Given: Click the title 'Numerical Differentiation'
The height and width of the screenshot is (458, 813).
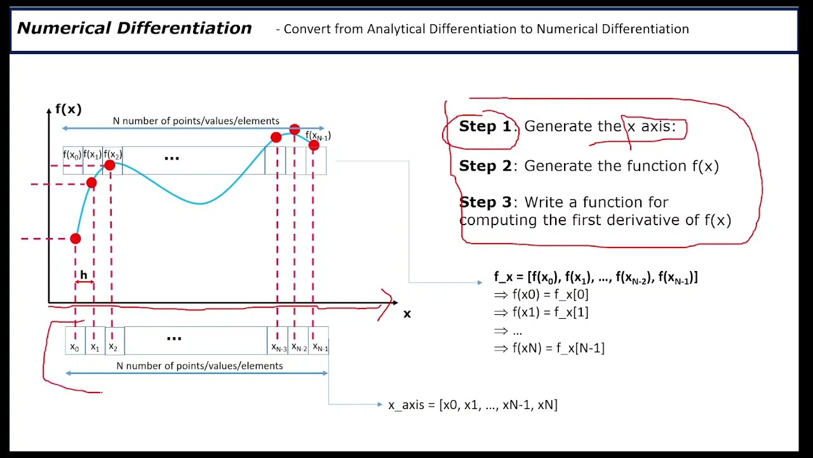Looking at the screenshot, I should [x=134, y=29].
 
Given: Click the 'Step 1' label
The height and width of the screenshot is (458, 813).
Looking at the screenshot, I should [x=485, y=127].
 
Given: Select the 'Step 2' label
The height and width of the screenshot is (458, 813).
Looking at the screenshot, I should [x=485, y=166].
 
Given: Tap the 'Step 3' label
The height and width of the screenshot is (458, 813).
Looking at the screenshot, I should [x=485, y=202].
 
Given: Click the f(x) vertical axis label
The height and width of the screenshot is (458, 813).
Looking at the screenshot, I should [x=69, y=109].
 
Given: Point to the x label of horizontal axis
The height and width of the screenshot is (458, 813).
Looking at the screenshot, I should [x=407, y=314].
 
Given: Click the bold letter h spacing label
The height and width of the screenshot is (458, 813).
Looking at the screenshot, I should [x=83, y=275].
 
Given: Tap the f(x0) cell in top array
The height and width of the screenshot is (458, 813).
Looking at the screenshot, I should [x=72, y=155].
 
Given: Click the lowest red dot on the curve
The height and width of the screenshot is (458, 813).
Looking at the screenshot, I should [x=76, y=239].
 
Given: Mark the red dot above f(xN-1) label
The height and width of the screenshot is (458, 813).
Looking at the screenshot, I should [x=294, y=130].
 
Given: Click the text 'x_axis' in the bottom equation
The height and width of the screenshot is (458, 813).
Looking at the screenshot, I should [x=406, y=405].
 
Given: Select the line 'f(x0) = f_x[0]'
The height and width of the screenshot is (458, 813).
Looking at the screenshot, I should [x=550, y=295].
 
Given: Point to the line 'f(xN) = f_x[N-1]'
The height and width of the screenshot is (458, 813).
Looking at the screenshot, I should [x=558, y=348].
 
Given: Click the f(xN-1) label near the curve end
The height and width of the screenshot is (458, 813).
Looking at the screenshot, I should [x=318, y=136].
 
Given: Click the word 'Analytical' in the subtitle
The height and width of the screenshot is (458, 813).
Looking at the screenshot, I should [x=396, y=29].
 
